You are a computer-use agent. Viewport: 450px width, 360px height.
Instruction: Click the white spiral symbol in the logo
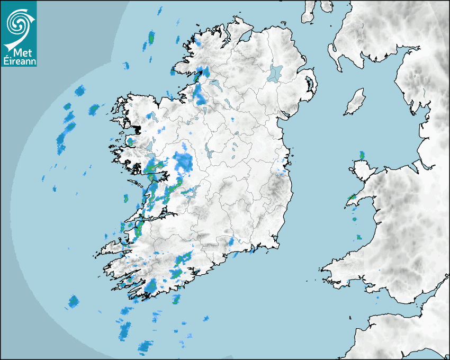click(17, 22)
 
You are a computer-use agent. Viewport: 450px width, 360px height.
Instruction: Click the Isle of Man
click(355, 102)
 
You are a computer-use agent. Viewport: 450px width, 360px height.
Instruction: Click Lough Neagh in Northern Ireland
click(276, 73)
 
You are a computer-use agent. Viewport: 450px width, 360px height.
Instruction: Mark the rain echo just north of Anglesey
click(362, 155)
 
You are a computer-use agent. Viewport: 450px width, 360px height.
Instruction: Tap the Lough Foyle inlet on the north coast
click(245, 37)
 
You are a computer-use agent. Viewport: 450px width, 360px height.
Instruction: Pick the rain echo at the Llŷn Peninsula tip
click(350, 199)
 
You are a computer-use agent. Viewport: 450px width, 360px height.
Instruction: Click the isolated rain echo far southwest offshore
click(74, 302)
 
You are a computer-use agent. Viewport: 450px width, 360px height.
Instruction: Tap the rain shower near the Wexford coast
click(231, 242)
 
